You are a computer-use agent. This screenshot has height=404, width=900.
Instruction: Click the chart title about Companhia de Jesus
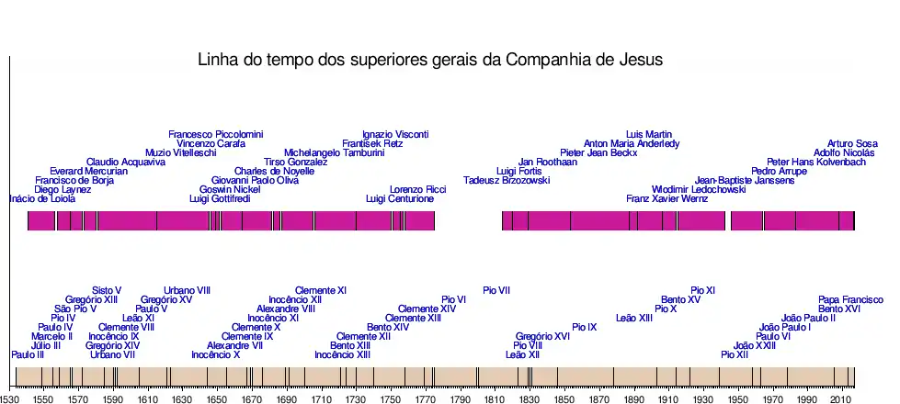point(430,61)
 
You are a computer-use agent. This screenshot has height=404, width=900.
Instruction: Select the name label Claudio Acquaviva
point(126,163)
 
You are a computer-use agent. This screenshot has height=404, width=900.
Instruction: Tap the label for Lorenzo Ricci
point(417,190)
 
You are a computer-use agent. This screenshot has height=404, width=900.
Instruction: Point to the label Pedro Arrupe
point(779,172)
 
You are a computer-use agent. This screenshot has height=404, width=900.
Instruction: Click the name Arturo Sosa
point(852,144)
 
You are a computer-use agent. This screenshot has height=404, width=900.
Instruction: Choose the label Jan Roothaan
point(547,163)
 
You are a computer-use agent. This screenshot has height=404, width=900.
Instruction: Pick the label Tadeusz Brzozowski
point(507,181)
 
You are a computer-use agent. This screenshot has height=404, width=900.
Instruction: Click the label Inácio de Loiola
point(41,199)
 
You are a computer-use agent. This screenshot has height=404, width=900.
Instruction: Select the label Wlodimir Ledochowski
point(699,190)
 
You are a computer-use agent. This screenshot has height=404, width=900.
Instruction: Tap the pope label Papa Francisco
point(850,300)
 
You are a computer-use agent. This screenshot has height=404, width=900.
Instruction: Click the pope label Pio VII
point(496,291)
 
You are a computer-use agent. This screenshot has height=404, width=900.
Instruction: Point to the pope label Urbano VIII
point(188,291)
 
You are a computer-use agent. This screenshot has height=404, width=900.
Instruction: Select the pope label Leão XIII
point(634,319)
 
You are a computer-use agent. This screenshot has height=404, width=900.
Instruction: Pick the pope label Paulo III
point(28,355)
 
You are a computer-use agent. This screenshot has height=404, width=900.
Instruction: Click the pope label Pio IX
point(585,328)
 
